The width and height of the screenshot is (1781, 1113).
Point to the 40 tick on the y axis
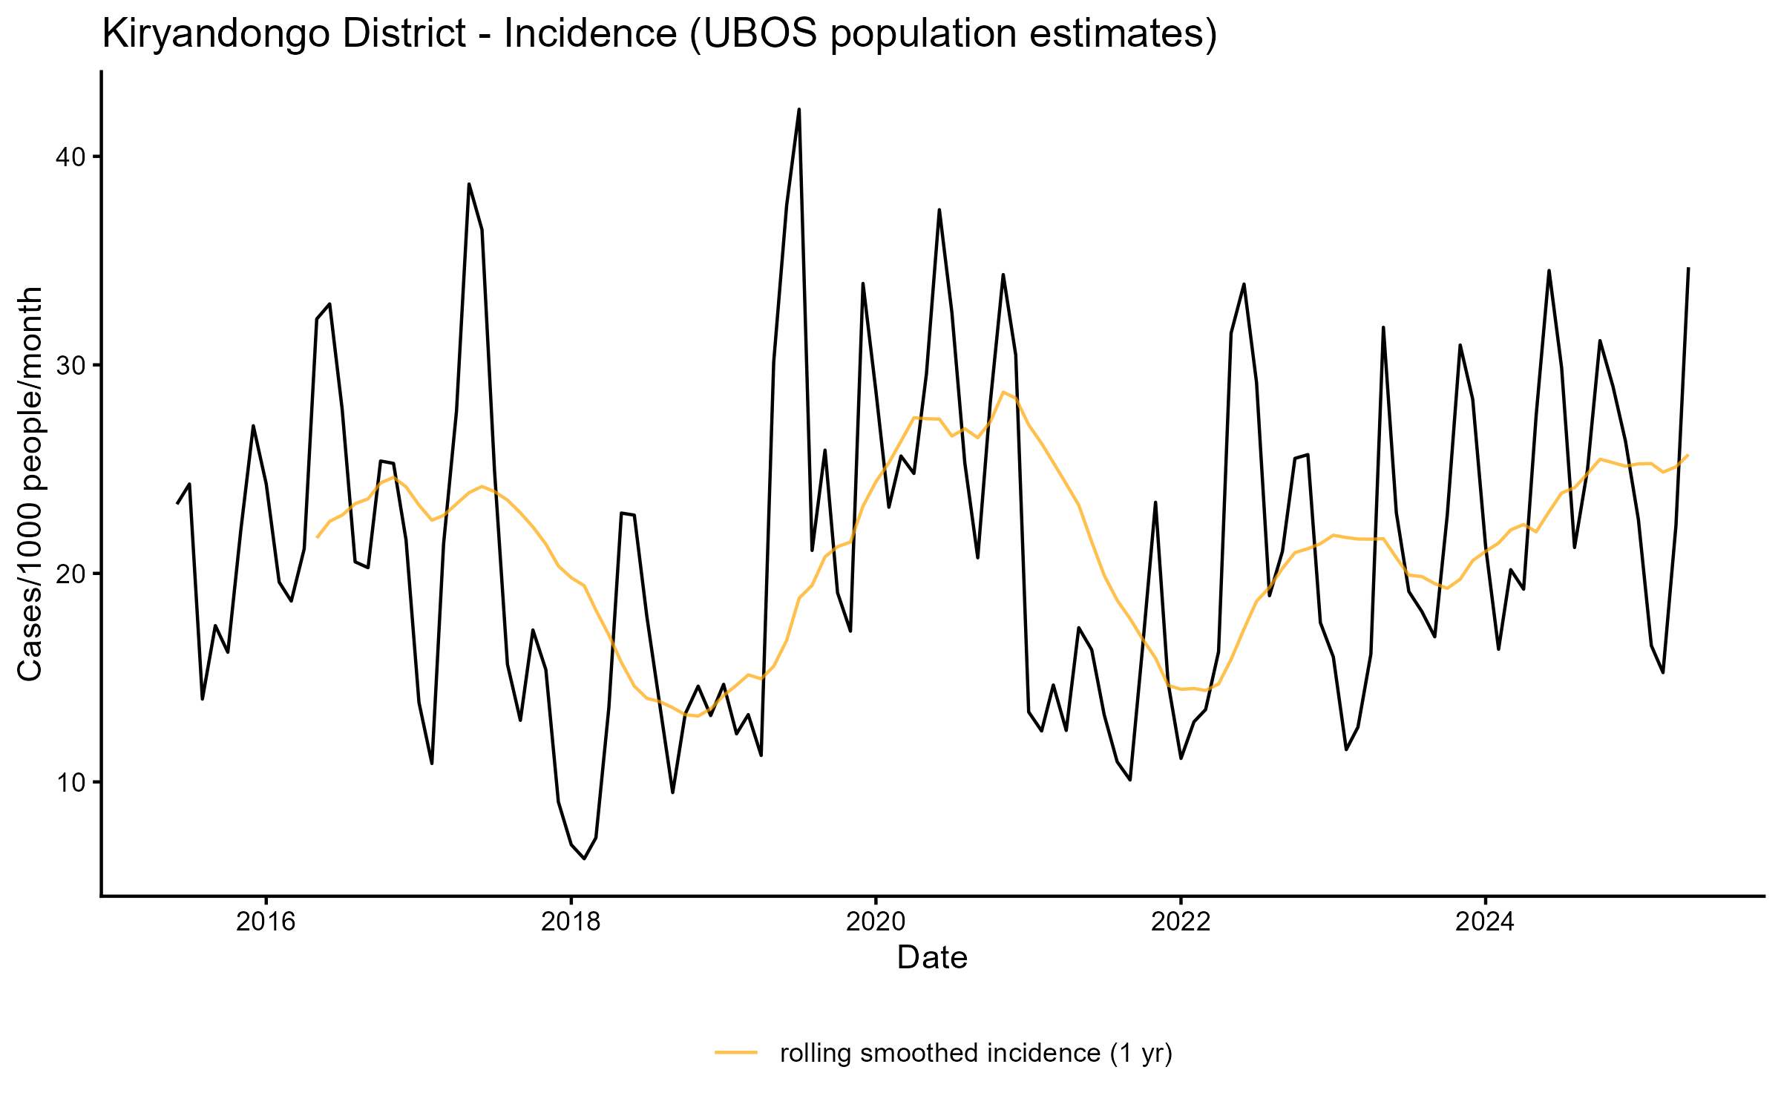[68, 157]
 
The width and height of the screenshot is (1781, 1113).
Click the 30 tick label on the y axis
[68, 366]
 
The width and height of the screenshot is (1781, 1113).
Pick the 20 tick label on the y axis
[68, 574]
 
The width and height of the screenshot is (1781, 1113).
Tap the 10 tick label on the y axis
[68, 783]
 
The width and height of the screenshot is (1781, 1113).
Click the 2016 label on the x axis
[266, 922]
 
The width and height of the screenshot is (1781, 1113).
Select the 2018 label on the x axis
[571, 922]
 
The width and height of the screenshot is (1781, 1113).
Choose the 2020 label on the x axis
[876, 922]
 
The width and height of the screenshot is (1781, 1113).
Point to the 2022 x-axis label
[1181, 922]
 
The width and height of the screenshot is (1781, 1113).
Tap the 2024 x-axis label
[1485, 922]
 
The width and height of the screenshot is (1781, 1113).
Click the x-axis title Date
[932, 958]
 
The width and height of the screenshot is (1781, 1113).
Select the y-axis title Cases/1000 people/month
[31, 484]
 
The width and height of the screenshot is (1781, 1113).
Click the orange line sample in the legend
[736, 1052]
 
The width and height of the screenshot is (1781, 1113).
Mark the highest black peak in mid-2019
[799, 109]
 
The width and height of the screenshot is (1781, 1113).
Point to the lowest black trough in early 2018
[584, 858]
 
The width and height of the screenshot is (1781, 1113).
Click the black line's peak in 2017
[469, 184]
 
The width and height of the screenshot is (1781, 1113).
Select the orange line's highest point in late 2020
[1003, 392]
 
